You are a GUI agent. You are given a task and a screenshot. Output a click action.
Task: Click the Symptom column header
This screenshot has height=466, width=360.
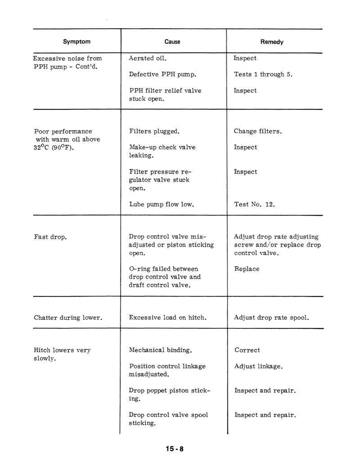(x=76, y=42)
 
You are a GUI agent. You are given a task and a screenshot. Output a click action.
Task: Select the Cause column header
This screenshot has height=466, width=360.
(x=172, y=42)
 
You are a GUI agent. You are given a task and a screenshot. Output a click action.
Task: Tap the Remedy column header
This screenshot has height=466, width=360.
(x=272, y=42)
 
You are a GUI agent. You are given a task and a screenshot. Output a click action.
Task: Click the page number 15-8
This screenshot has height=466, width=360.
(x=175, y=448)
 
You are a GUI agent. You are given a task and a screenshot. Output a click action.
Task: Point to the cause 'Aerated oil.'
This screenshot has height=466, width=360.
(x=148, y=58)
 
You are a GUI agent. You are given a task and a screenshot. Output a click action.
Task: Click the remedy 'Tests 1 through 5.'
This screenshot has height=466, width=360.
(x=263, y=75)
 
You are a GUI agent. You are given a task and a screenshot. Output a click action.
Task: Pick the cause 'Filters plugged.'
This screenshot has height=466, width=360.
(x=154, y=132)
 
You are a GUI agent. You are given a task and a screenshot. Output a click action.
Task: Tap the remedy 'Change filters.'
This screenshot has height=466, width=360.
(x=258, y=132)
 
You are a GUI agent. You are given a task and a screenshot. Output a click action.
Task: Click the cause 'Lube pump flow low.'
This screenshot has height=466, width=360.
(x=161, y=204)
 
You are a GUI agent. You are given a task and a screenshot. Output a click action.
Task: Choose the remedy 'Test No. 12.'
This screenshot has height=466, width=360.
(x=254, y=204)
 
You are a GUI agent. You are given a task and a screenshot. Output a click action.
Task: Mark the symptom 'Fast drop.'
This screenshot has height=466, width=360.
(x=50, y=237)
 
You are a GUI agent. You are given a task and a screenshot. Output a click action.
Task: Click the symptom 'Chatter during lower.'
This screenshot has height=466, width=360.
(x=68, y=318)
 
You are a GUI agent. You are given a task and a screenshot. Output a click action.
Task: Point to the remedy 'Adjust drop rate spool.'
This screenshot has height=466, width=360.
(x=272, y=318)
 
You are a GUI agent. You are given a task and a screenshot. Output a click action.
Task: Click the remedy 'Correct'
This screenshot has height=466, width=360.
(x=247, y=350)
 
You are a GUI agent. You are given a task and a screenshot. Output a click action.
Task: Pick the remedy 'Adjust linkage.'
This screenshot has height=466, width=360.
(x=259, y=367)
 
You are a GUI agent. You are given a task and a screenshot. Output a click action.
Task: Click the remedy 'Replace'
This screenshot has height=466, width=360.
(x=247, y=269)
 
